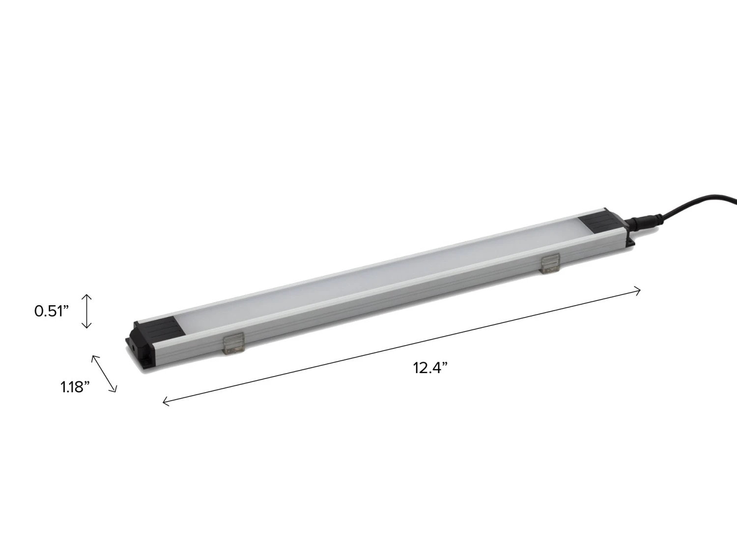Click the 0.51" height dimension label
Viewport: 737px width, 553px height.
(51, 311)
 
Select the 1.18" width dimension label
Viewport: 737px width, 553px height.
(75, 387)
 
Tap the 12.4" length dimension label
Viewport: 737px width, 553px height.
(431, 368)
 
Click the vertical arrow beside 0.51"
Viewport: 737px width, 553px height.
(86, 311)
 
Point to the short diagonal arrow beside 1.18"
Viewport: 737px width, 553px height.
(104, 374)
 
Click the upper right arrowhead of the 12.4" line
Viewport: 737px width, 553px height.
(639, 291)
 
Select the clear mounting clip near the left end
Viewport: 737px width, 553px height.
(233, 343)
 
